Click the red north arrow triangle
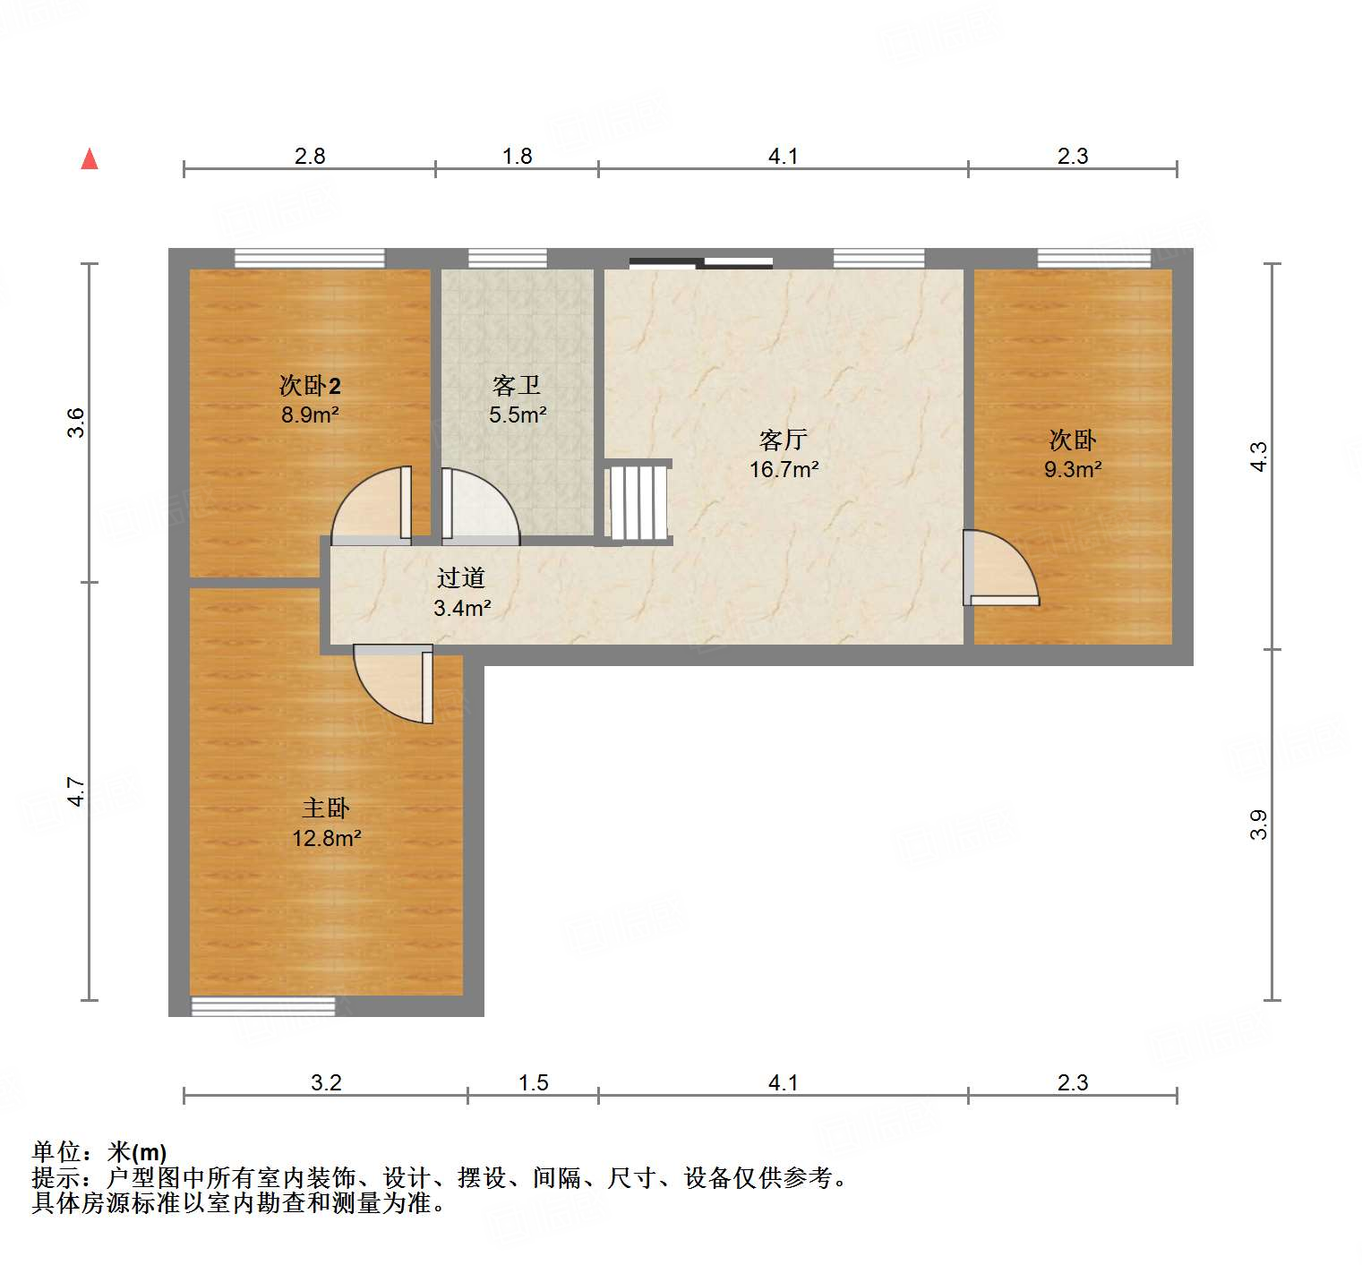[90, 159]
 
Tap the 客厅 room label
[784, 440]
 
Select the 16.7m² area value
[784, 469]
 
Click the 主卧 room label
[326, 808]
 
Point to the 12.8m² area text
[327, 839]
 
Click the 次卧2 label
[310, 386]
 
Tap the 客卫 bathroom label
[517, 386]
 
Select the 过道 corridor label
[461, 578]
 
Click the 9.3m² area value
[1073, 469]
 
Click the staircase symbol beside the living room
[638, 501]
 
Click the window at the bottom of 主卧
[263, 1006]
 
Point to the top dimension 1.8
[518, 157]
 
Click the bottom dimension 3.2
[326, 1083]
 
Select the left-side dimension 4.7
[78, 792]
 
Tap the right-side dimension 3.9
[1259, 825]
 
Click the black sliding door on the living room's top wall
[701, 262]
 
